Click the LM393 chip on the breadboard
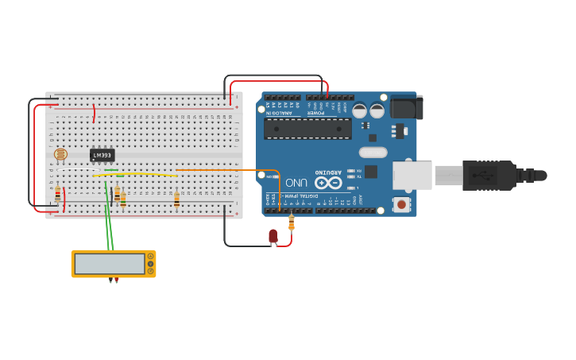(102, 155)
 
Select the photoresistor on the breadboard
(60, 155)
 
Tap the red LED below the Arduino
(273, 235)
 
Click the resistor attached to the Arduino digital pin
(292, 223)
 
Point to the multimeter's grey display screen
(110, 264)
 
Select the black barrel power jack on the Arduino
(406, 107)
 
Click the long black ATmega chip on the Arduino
(307, 129)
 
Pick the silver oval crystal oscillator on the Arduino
(373, 152)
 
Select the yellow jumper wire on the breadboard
(135, 174)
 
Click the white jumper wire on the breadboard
(75, 169)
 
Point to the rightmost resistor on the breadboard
(176, 199)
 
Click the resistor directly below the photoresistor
(57, 192)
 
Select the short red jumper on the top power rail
(95, 113)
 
